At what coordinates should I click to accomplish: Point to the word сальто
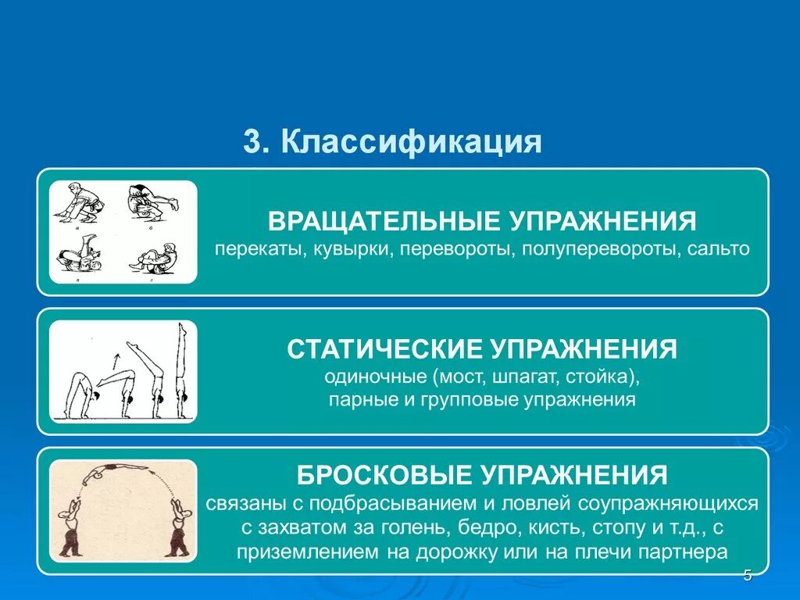[720, 249]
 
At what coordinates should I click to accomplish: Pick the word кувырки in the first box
[347, 249]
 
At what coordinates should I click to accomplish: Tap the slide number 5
[748, 576]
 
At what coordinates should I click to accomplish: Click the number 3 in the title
[251, 142]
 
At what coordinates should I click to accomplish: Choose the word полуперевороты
[596, 249]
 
